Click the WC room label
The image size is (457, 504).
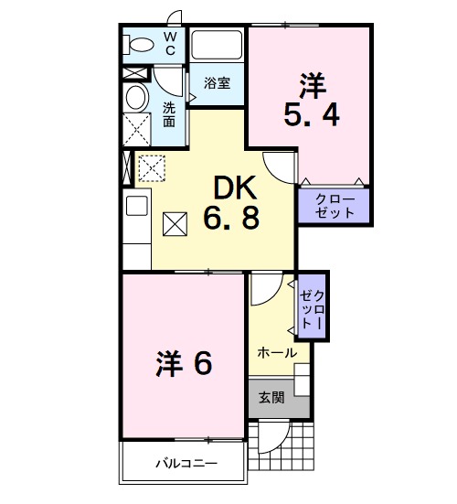pyautogui.click(x=170, y=43)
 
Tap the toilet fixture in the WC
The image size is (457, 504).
pyautogui.click(x=140, y=44)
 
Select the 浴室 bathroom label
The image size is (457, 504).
pyautogui.click(x=217, y=82)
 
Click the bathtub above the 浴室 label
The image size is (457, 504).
pyautogui.click(x=217, y=47)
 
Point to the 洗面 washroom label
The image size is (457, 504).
pyautogui.click(x=170, y=113)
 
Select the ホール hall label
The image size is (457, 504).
pyautogui.click(x=276, y=352)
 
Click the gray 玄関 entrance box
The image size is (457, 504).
pyautogui.click(x=278, y=397)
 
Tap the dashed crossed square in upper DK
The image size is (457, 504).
pyautogui.click(x=149, y=166)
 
